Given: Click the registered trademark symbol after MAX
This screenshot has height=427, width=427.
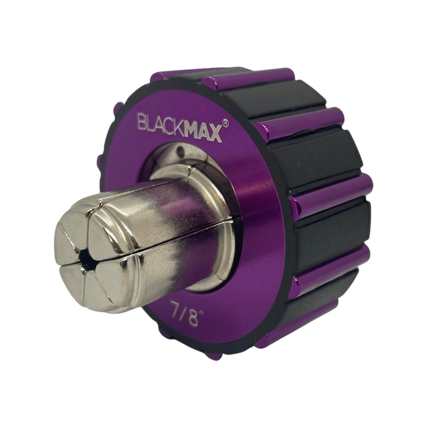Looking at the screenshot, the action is pyautogui.click(x=225, y=123).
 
